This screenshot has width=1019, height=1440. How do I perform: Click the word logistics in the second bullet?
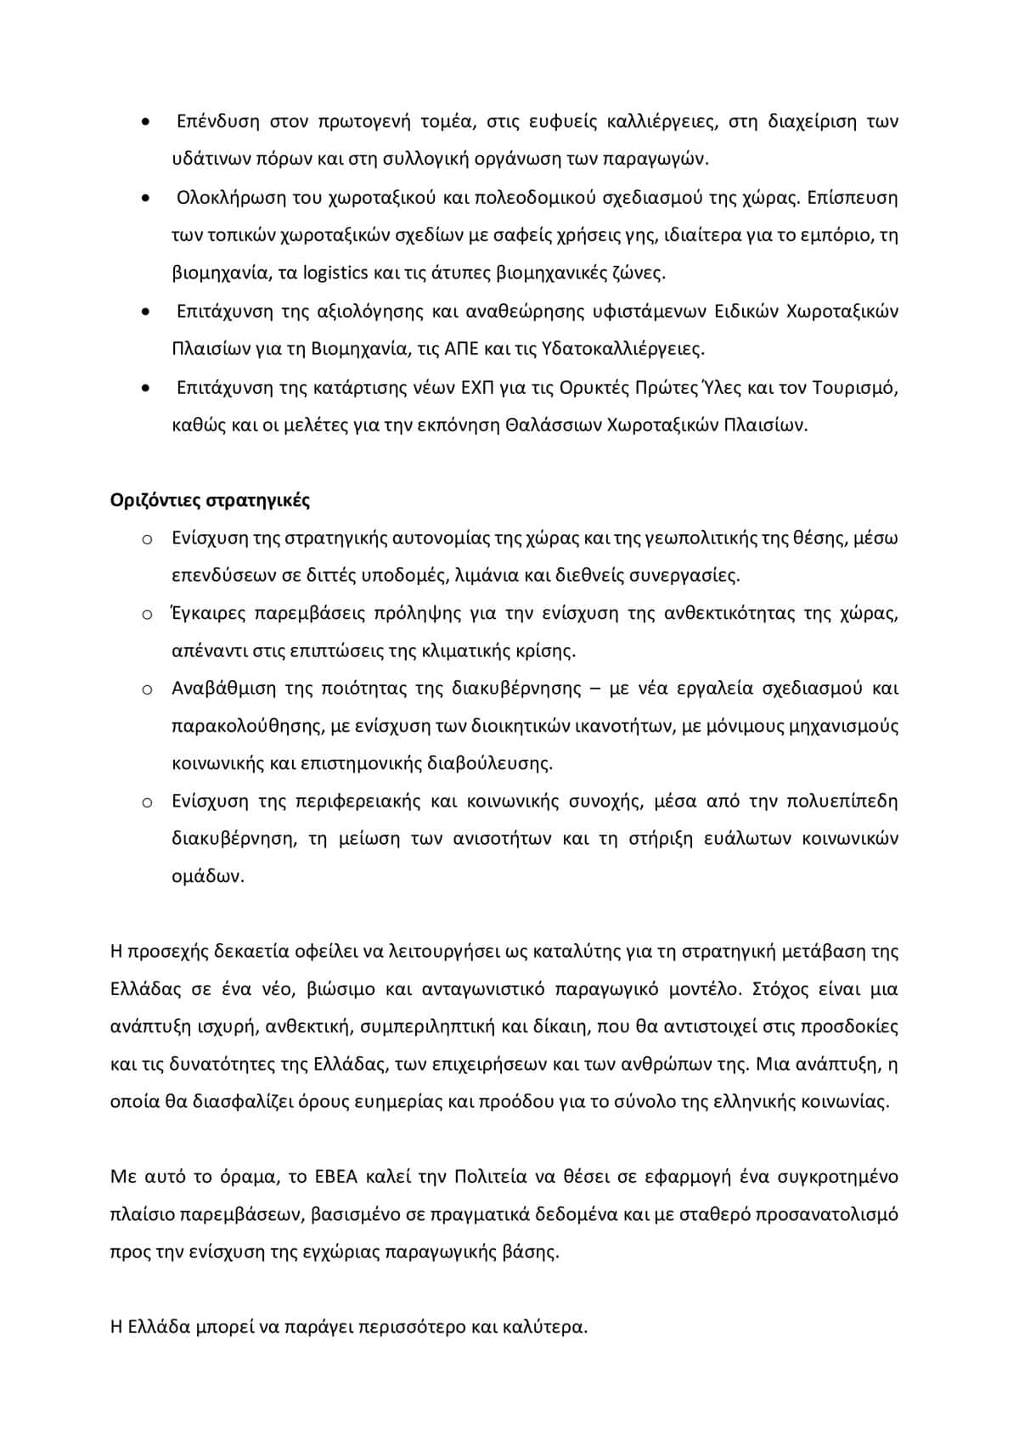click(x=335, y=273)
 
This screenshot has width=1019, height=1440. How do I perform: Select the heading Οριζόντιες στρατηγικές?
click(x=210, y=500)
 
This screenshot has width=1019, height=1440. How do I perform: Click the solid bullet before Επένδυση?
click(x=147, y=122)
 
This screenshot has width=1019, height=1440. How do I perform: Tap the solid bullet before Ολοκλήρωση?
click(x=147, y=199)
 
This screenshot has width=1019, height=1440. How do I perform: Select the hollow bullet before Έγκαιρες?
click(x=147, y=615)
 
